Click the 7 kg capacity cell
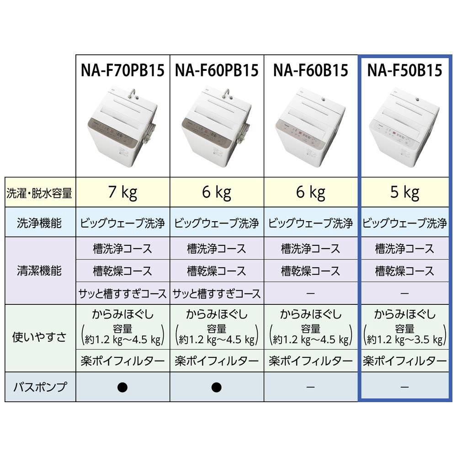click(x=122, y=192)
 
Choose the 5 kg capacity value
click(x=405, y=192)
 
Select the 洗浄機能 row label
click(x=40, y=223)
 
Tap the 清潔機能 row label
click(x=40, y=271)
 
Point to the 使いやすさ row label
click(x=40, y=338)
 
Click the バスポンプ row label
click(x=40, y=388)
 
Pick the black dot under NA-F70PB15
click(x=122, y=388)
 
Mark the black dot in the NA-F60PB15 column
click(x=216, y=388)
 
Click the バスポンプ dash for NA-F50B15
click(x=405, y=388)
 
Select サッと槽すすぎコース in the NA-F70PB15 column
click(x=122, y=293)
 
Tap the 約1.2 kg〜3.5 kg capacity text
click(x=405, y=340)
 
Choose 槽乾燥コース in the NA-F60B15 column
click(x=311, y=271)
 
